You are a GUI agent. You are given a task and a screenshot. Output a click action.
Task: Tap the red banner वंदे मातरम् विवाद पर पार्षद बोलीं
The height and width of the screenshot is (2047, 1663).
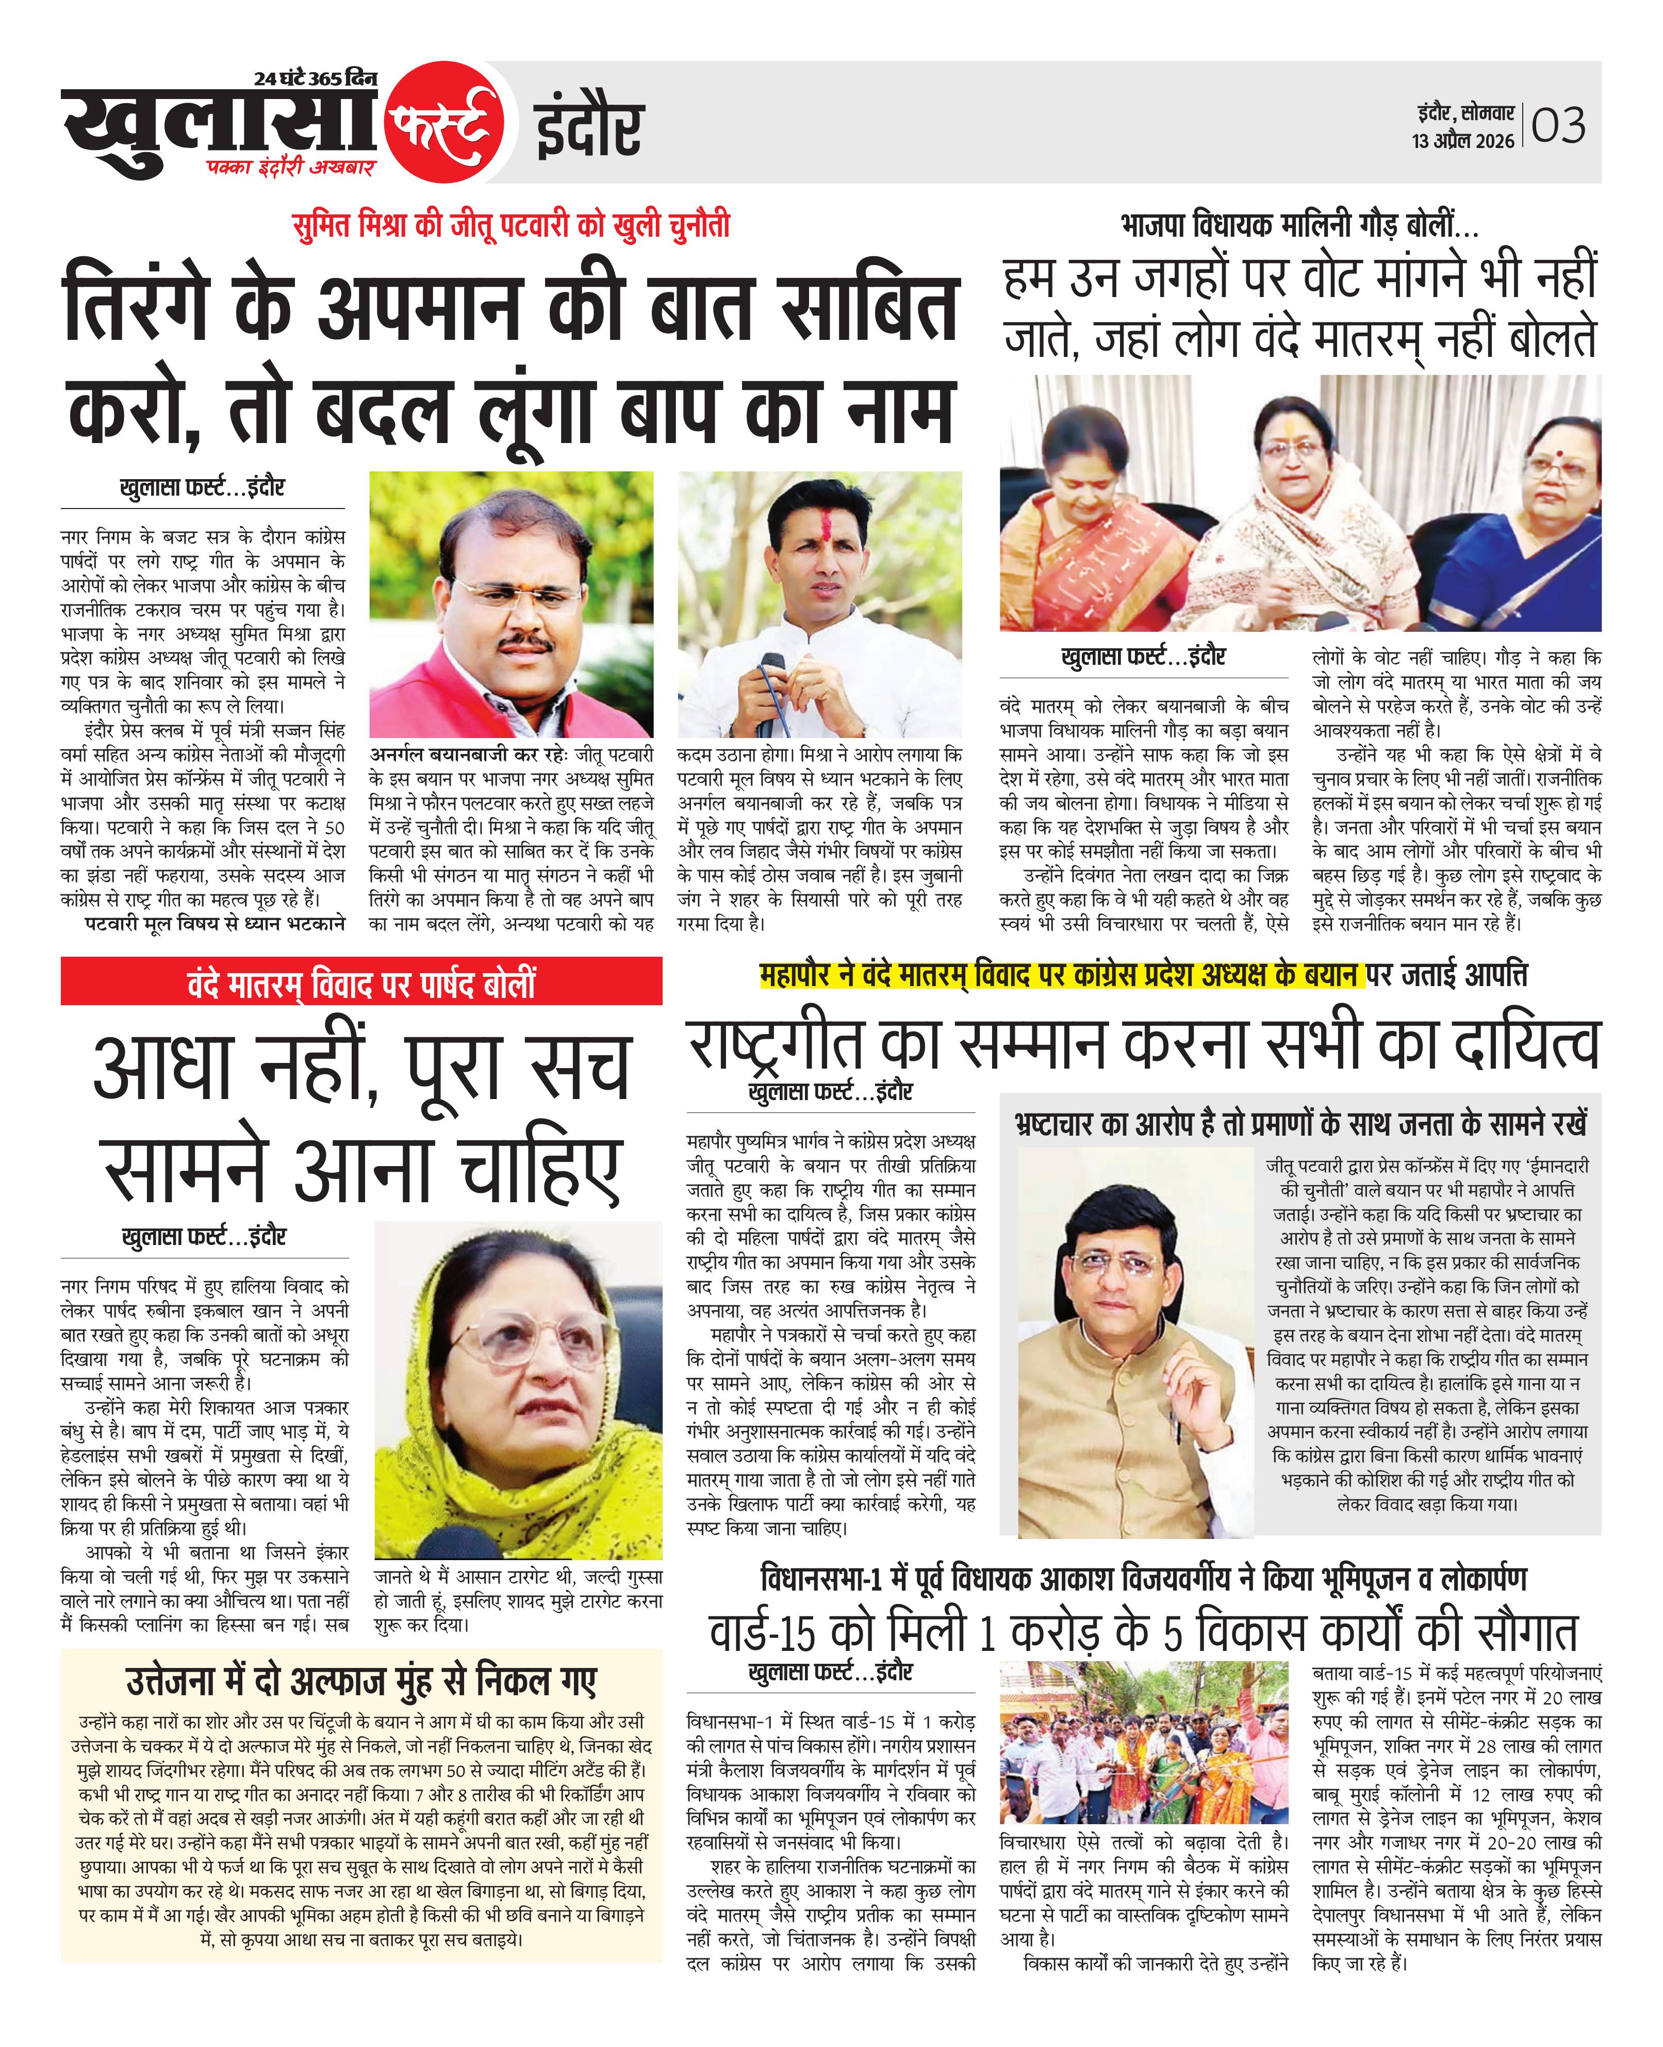(361, 984)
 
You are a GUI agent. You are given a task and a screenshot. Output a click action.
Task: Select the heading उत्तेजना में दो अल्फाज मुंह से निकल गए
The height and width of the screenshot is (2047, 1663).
(361, 1681)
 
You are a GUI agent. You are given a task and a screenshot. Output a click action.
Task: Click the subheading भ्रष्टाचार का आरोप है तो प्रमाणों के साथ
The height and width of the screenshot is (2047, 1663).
(1300, 1123)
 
